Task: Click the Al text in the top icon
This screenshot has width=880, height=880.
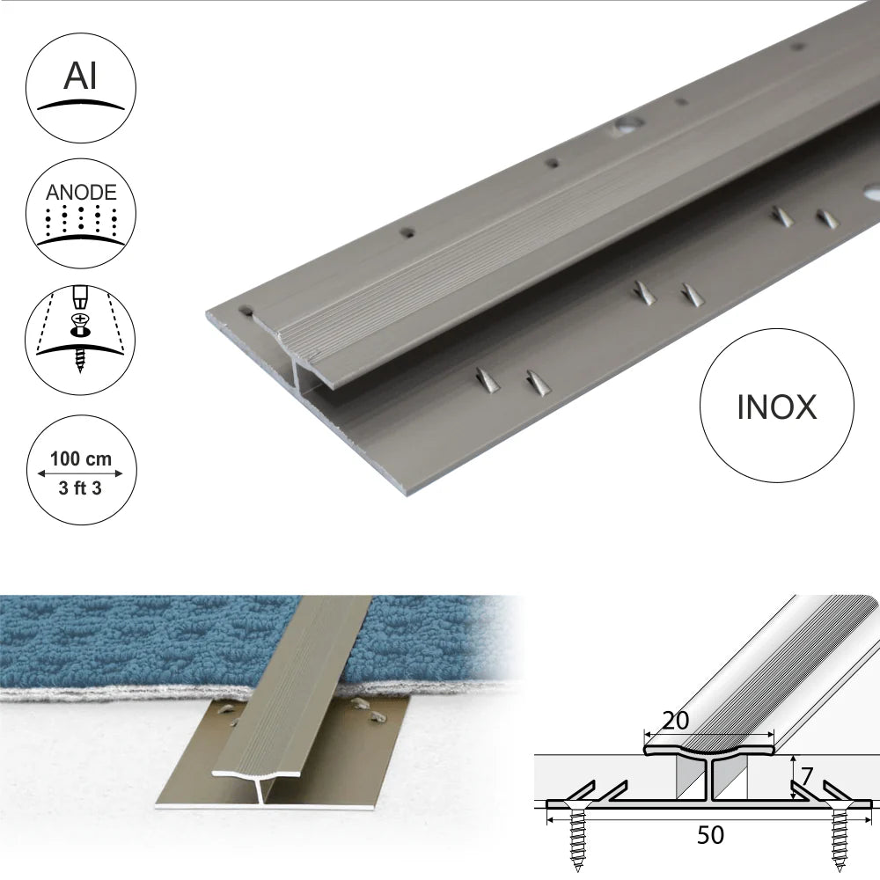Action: click(80, 77)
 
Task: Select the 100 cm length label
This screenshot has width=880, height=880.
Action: click(80, 458)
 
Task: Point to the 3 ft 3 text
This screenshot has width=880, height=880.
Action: click(80, 490)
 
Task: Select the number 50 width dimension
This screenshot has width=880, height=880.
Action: click(710, 834)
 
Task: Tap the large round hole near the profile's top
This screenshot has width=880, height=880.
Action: click(627, 127)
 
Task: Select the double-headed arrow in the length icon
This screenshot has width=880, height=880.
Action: click(80, 474)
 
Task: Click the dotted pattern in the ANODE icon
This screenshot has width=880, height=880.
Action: click(79, 216)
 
